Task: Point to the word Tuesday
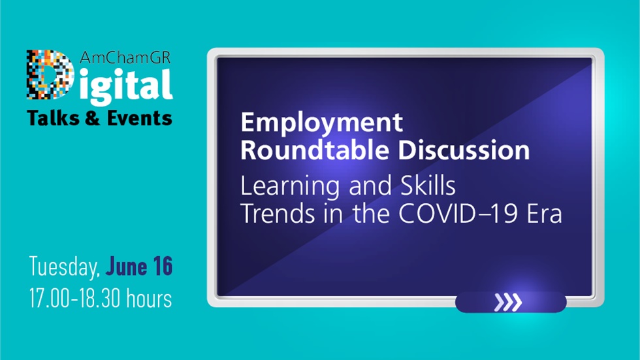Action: point(64,267)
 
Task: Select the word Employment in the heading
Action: point(322,123)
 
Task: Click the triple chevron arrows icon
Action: point(507,302)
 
